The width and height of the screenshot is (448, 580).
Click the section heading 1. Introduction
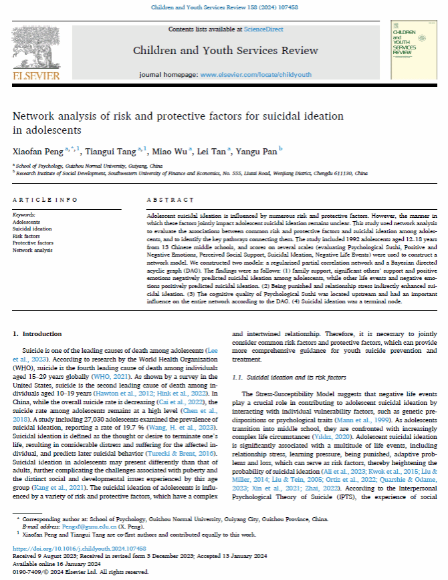[x=37, y=333]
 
